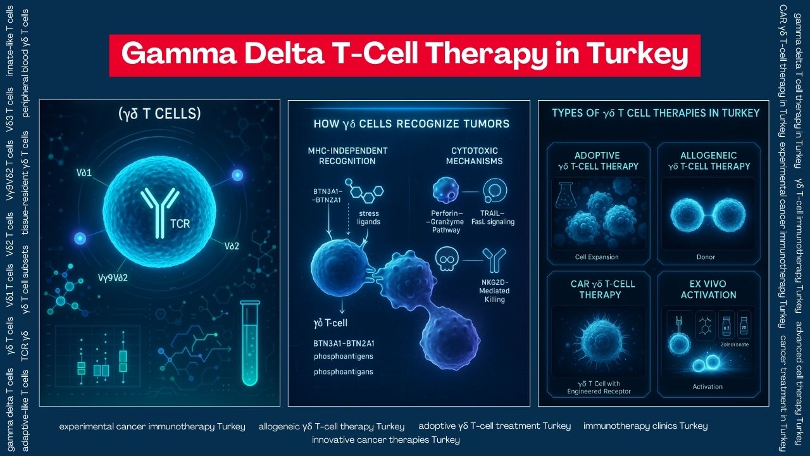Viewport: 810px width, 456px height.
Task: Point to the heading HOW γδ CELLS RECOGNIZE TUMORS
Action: click(x=411, y=123)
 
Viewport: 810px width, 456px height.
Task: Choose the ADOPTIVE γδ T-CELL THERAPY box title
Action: click(x=597, y=161)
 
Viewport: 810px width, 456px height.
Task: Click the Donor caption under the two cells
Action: click(x=708, y=256)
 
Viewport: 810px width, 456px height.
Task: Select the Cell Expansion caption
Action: click(x=597, y=256)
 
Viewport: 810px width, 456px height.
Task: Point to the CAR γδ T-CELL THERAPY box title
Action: click(x=597, y=289)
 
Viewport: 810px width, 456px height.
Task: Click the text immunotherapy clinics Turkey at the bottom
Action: click(x=645, y=426)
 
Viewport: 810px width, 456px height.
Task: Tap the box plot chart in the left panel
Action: click(x=101, y=361)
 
